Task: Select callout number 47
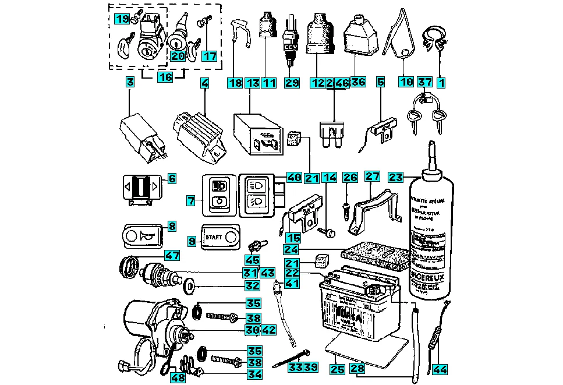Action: [x=171, y=255]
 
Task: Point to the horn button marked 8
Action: [x=143, y=236]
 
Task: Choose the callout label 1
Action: [x=441, y=83]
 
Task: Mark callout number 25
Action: [x=337, y=368]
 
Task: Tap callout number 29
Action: [x=291, y=83]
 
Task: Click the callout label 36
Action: [x=358, y=83]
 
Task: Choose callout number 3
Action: [x=130, y=83]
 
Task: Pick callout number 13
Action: [x=252, y=83]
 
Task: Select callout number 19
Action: [x=122, y=20]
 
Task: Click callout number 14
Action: [x=330, y=178]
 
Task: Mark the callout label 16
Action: [x=165, y=76]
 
